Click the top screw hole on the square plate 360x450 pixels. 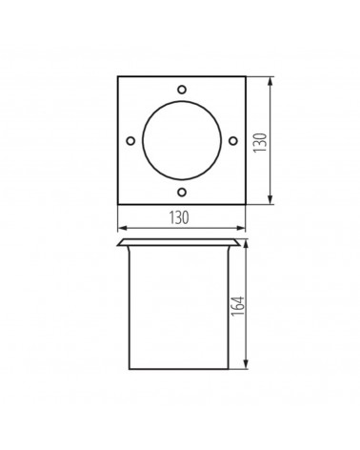coord(182,90)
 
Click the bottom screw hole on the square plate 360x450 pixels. coord(182,192)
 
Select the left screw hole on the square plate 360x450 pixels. coord(130,140)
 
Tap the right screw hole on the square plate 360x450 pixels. coord(233,140)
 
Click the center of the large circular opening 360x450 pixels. coord(182,140)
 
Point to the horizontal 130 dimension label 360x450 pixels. coord(179,217)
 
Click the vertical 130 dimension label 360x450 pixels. coord(260,142)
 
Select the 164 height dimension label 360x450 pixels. coord(238,305)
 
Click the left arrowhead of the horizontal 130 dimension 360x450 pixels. coord(122,228)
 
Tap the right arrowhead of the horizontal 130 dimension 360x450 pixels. coord(241,228)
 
